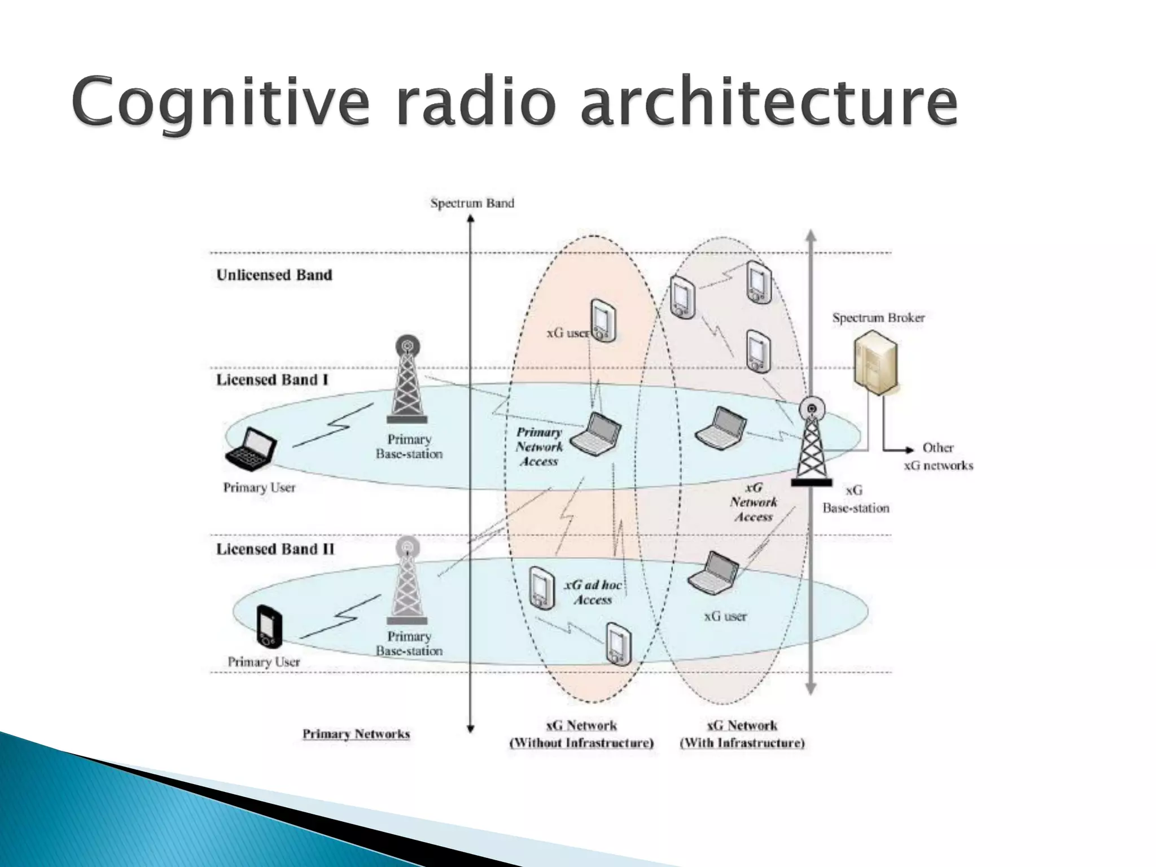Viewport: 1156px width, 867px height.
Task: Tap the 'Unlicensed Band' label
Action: pyautogui.click(x=274, y=275)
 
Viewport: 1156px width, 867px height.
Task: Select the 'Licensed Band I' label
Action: pyautogui.click(x=272, y=380)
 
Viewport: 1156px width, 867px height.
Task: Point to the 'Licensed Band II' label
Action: pyautogui.click(x=275, y=549)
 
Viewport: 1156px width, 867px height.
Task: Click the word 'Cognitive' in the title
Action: pyautogui.click(x=220, y=104)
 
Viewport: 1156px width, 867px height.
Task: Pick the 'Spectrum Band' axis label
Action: pyautogui.click(x=472, y=203)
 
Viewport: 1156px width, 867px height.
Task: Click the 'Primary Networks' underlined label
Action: pyautogui.click(x=356, y=734)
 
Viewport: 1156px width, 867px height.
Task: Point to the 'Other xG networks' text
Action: pyautogui.click(x=938, y=457)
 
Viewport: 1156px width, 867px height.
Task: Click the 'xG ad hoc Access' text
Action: pyautogui.click(x=593, y=592)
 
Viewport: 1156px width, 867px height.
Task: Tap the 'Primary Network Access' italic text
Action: pyautogui.click(x=540, y=446)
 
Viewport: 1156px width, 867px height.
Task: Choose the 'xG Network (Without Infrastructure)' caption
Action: pyautogui.click(x=581, y=734)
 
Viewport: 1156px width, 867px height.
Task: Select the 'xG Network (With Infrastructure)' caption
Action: pyautogui.click(x=742, y=734)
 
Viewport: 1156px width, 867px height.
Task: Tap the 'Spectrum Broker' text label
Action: pyautogui.click(x=878, y=318)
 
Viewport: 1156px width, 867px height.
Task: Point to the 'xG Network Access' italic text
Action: pyautogui.click(x=754, y=502)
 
